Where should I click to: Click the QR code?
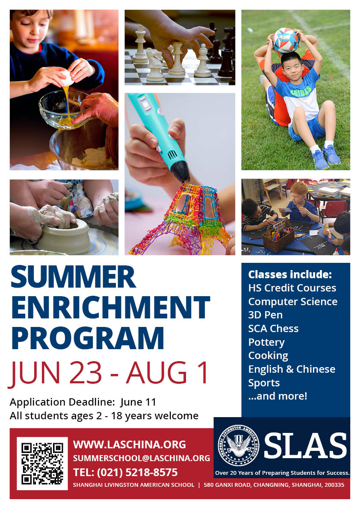tap(42, 464)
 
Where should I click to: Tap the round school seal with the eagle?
tap(239, 445)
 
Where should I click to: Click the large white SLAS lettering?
tap(305, 445)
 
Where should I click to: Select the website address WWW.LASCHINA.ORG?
tap(130, 444)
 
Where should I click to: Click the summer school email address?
tap(142, 458)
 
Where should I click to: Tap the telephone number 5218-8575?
tap(151, 472)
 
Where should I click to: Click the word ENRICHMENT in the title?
tap(110, 307)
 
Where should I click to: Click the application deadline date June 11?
tap(138, 402)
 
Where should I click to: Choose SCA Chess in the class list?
tap(273, 329)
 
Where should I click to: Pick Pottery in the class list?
tap(266, 342)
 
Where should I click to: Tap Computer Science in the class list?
tap(293, 302)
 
